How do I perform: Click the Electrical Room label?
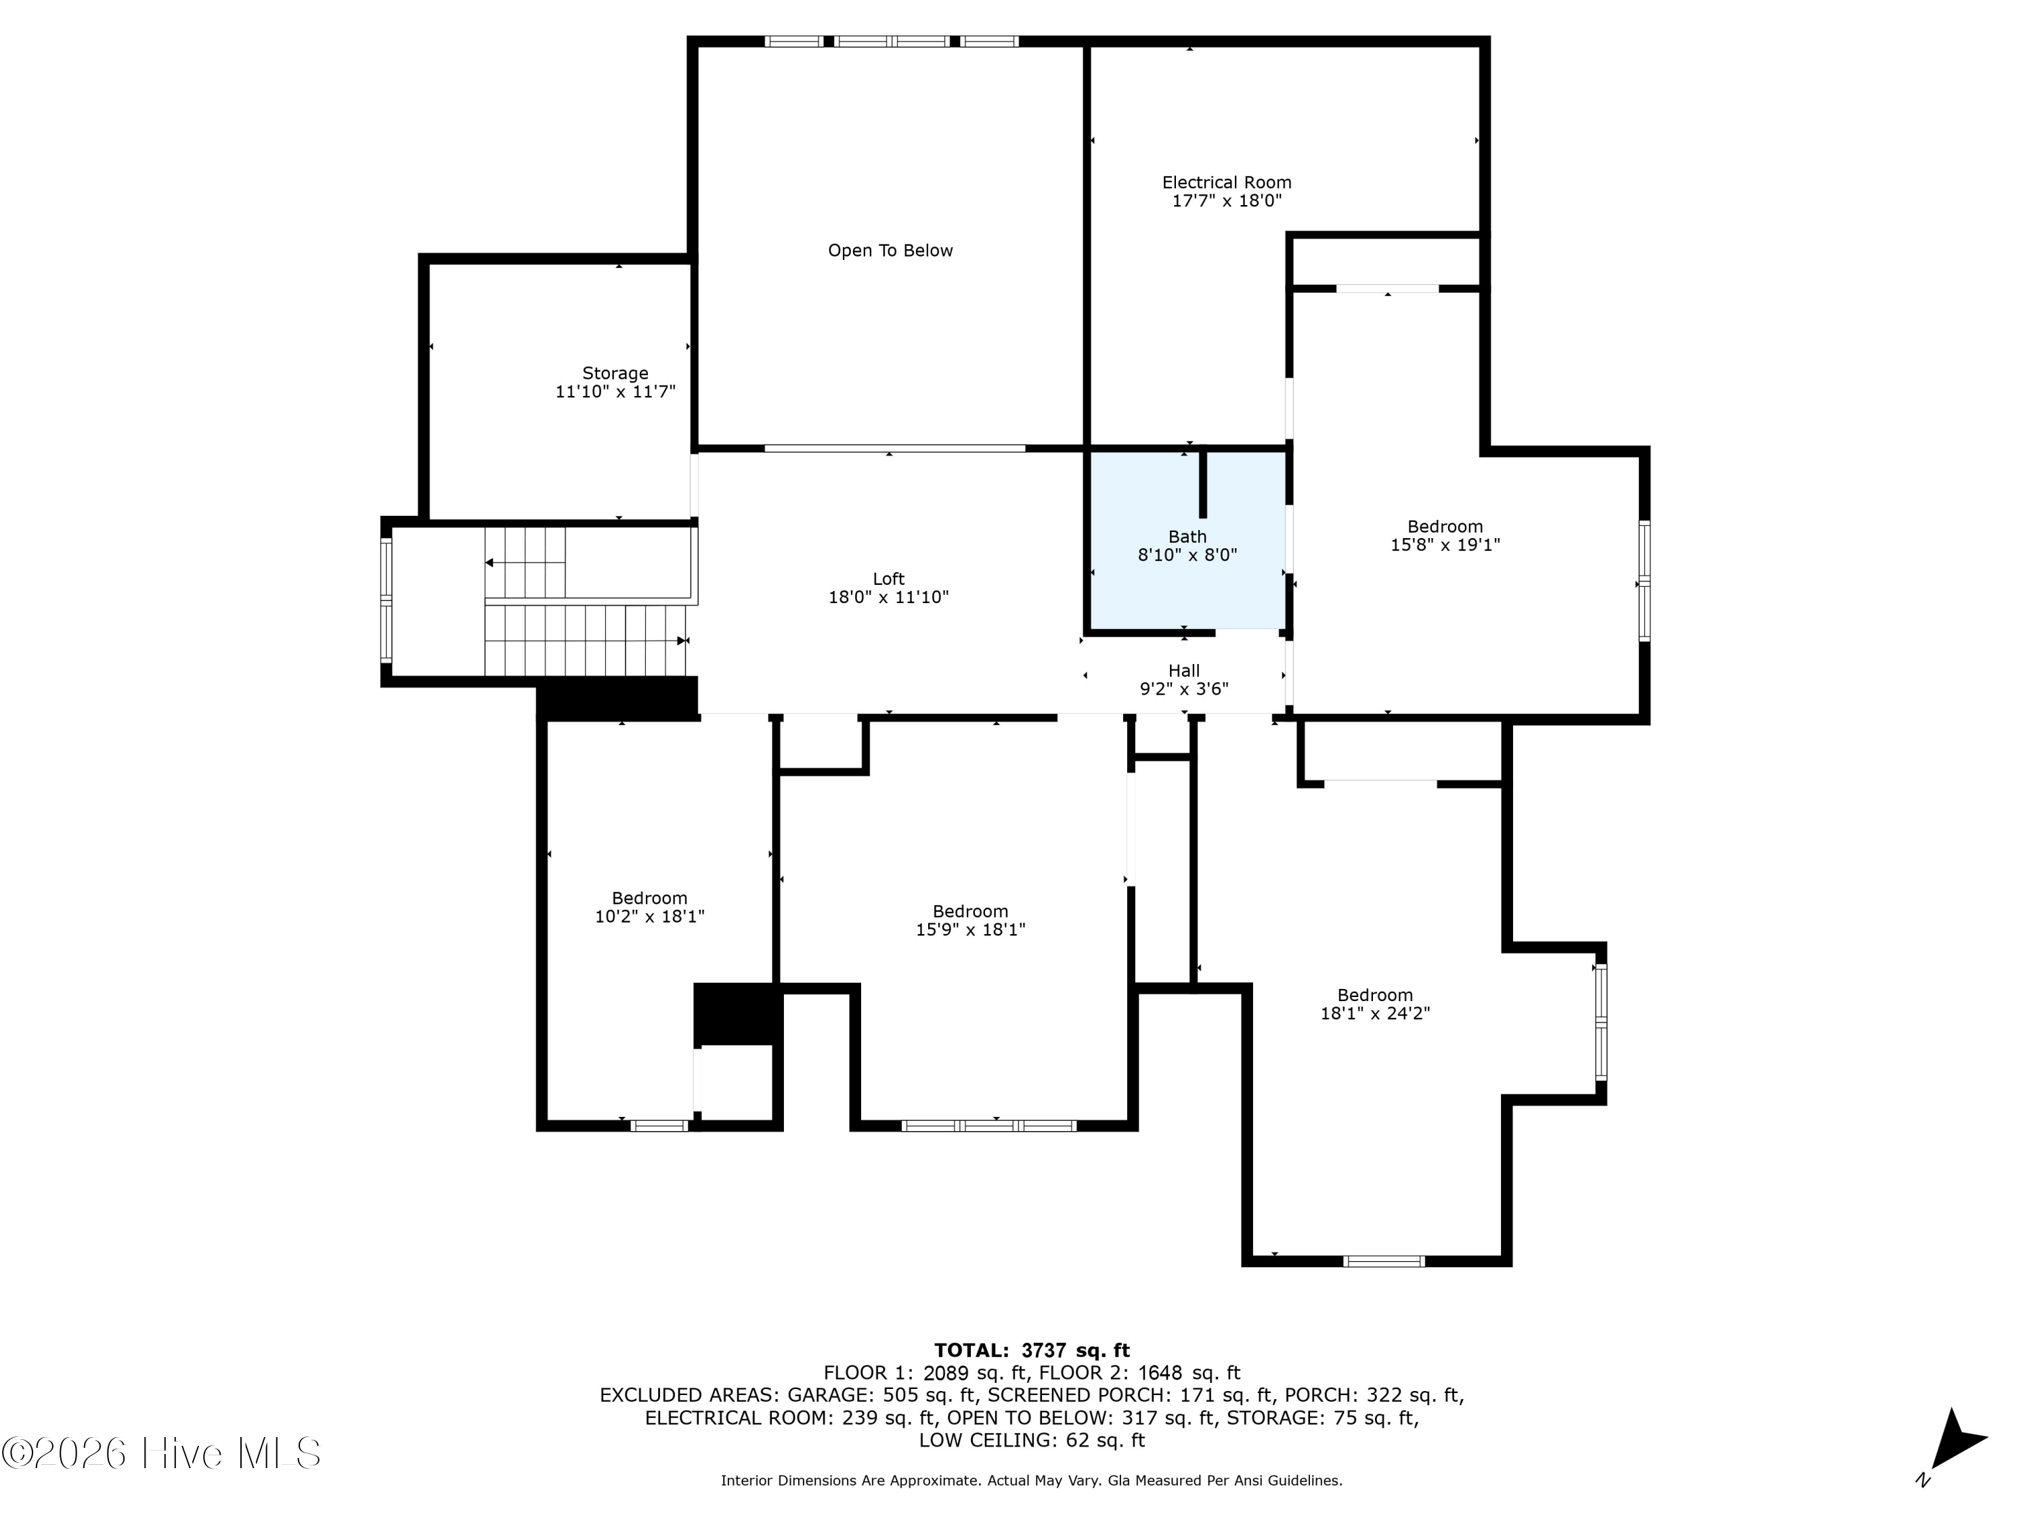coord(1227,183)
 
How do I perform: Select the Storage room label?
coord(615,373)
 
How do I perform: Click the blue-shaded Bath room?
coord(1187,542)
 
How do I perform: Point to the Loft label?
coord(889,578)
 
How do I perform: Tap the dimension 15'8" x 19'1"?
coord(1445,544)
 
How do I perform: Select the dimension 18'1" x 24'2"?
coord(1374,1013)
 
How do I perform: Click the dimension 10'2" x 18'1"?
coord(649,917)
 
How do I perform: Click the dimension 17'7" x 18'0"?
coord(1227,201)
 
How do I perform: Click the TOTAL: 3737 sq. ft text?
coord(1032,1350)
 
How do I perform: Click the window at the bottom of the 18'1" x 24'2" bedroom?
coord(1384,1261)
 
